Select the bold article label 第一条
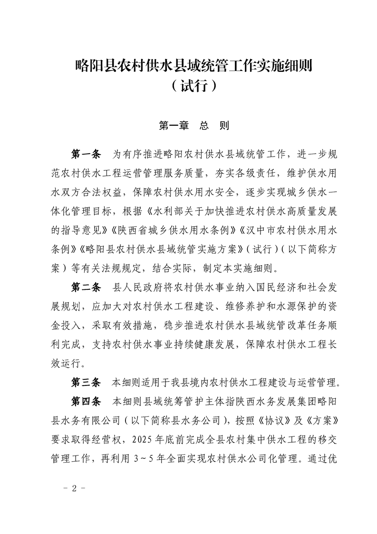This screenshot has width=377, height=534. click(86, 154)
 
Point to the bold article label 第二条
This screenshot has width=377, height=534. click(86, 287)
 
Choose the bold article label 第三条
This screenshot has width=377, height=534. click(86, 382)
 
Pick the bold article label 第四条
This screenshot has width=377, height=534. click(86, 400)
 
